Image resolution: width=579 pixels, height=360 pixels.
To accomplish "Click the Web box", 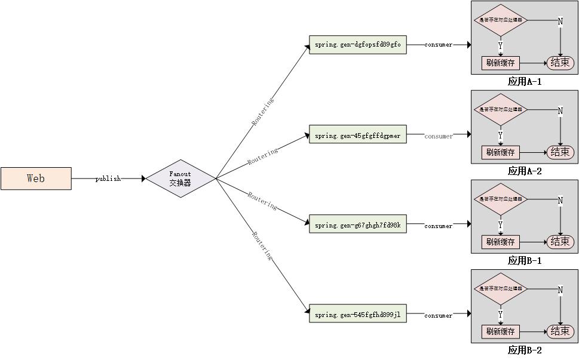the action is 36,179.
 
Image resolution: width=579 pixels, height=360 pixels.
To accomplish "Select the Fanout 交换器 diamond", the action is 180,179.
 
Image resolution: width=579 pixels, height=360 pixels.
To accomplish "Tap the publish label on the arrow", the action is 108,179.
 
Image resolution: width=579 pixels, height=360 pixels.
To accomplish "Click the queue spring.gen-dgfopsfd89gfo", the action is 357,45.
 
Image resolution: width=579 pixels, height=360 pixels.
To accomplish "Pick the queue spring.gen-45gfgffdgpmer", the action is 357,136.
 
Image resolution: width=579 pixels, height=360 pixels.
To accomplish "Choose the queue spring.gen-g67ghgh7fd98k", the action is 357,225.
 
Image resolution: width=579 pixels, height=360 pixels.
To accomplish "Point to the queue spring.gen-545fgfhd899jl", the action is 357,315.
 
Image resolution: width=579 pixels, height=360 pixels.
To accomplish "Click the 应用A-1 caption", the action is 524,82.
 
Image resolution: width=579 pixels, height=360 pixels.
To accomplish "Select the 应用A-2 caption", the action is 524,171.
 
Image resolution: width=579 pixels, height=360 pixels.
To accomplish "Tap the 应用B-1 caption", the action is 524,261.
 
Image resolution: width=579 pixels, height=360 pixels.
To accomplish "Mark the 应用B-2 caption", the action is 524,350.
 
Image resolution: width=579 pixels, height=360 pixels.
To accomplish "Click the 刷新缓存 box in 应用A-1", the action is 501,63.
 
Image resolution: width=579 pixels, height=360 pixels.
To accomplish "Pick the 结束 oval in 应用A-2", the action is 560,152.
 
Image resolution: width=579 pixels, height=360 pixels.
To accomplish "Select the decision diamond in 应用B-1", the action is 501,199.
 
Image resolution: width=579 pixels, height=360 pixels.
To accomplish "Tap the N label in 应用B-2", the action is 560,290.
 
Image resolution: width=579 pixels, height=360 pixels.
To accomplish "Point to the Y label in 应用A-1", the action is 500,45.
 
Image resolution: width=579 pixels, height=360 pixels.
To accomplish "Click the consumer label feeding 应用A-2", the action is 439,136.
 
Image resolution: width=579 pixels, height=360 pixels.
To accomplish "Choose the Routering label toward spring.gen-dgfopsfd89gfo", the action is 263,111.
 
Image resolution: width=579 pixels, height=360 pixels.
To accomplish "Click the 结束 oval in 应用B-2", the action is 560,331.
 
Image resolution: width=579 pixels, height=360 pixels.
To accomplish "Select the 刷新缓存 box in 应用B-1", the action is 501,242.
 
